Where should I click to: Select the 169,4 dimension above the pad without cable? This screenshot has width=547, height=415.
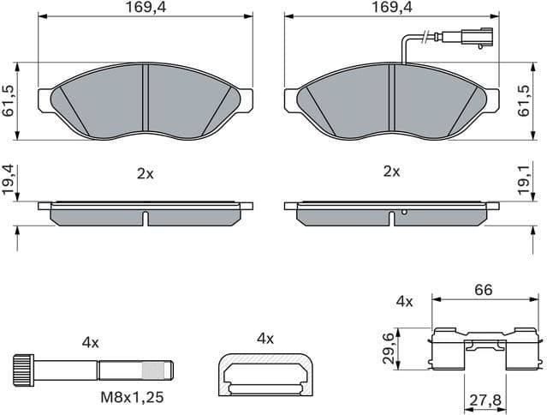(144, 8)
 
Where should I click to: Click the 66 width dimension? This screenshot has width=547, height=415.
(484, 291)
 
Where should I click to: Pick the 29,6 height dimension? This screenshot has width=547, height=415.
(389, 349)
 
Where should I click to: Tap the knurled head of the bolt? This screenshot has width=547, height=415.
(22, 370)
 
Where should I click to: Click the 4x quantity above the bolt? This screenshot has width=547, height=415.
(91, 342)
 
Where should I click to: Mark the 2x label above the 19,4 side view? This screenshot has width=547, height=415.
(145, 172)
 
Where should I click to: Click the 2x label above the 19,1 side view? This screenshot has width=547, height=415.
(391, 171)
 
